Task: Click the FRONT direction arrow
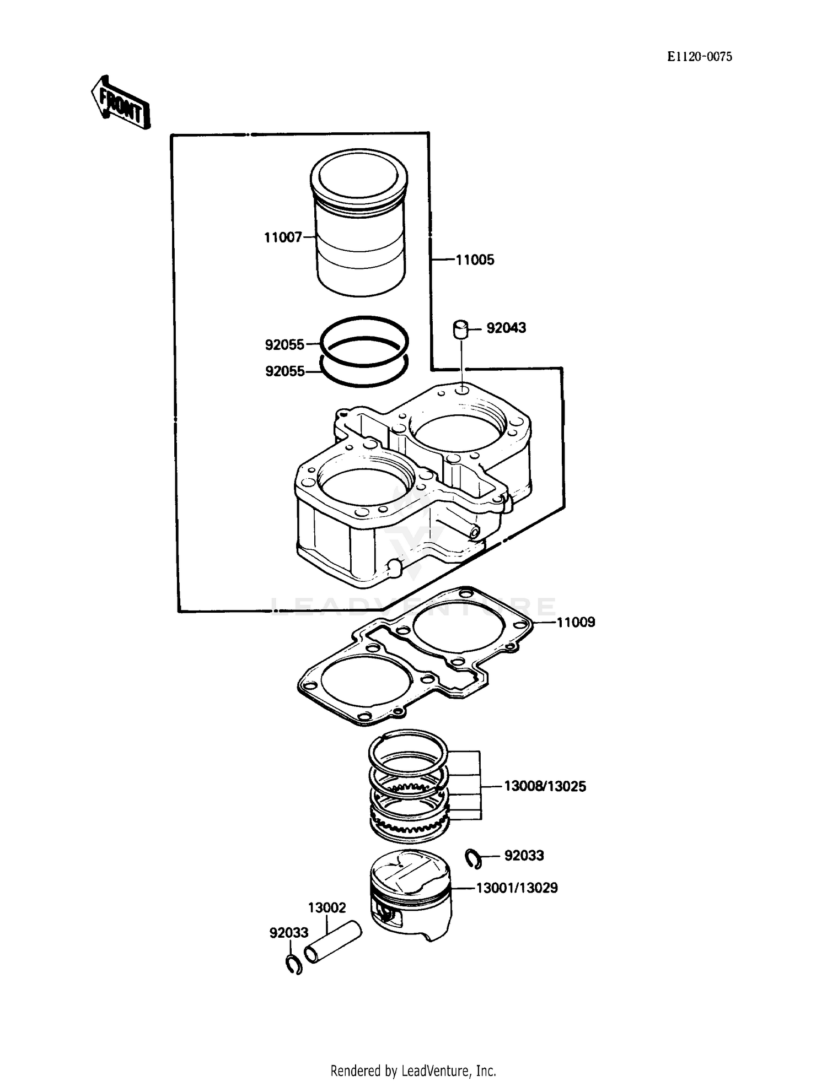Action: click(x=121, y=104)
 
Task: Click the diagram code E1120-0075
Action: click(x=700, y=57)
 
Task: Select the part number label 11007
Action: click(x=283, y=237)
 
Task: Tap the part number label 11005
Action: click(x=475, y=260)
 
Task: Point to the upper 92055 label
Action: click(x=284, y=345)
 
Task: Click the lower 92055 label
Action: click(x=284, y=371)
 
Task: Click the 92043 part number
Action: click(x=506, y=328)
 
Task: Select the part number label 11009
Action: click(x=576, y=623)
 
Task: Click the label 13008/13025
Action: click(x=545, y=786)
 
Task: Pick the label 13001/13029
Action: click(x=517, y=888)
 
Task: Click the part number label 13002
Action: click(x=327, y=907)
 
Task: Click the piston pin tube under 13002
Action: click(x=333, y=943)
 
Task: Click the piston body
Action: click(x=410, y=898)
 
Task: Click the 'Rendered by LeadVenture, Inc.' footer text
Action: click(x=413, y=1071)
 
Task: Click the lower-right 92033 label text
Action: click(x=524, y=856)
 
